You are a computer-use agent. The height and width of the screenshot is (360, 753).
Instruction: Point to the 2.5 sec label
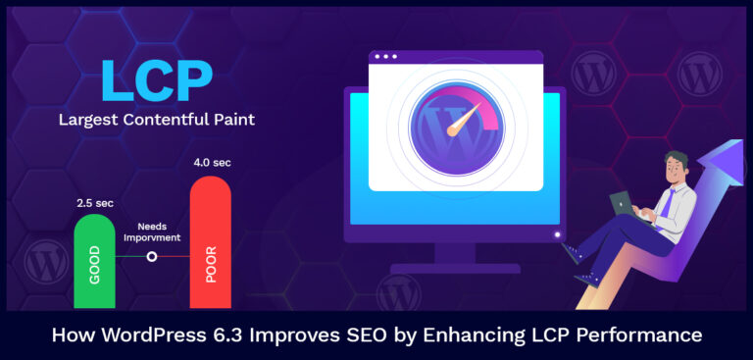pyautogui.click(x=95, y=203)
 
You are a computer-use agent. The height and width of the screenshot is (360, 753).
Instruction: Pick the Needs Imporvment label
pyautogui.click(x=153, y=231)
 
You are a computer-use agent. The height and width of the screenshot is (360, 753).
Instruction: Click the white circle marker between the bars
pyautogui.click(x=152, y=257)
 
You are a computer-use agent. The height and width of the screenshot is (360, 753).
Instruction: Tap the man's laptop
pyautogui.click(x=628, y=202)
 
